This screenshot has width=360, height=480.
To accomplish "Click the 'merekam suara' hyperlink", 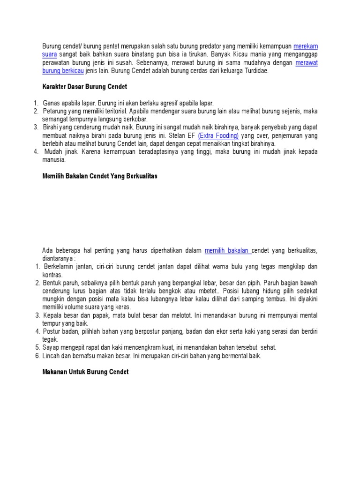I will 306,46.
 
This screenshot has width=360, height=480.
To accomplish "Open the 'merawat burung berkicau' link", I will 307,63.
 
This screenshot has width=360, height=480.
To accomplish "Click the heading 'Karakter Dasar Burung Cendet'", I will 85,87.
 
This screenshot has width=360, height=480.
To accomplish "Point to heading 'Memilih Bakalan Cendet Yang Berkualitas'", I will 100,176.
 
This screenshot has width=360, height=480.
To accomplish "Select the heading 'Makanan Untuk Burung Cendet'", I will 85,372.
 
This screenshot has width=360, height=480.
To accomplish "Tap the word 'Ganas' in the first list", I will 52,103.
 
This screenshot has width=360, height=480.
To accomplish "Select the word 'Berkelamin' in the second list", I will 59,267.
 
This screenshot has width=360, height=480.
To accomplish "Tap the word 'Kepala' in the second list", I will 52,315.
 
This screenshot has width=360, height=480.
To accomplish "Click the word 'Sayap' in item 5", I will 51,347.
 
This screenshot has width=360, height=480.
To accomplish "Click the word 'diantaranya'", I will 56,258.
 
